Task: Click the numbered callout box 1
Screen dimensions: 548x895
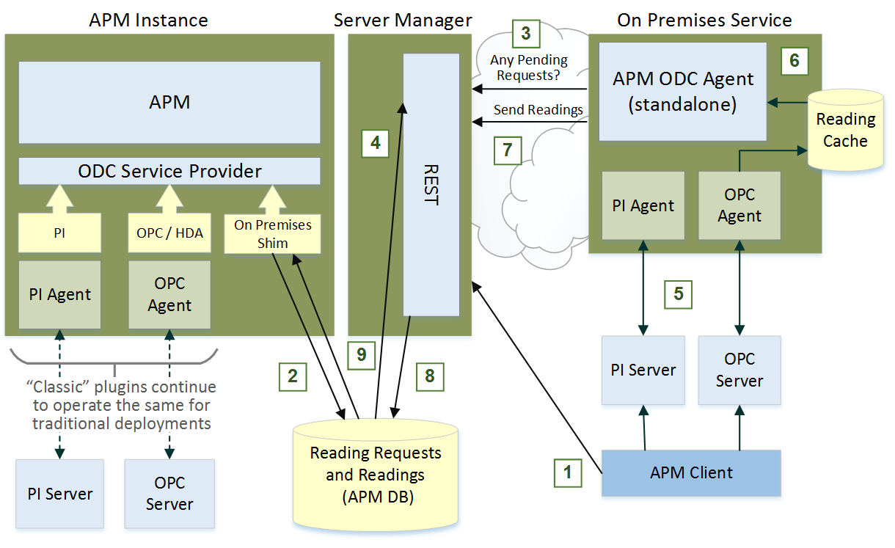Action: pyautogui.click(x=566, y=472)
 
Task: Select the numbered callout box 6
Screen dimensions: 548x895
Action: pyautogui.click(x=794, y=61)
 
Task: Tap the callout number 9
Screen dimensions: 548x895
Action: pyautogui.click(x=361, y=355)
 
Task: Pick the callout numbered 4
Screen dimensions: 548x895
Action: pyautogui.click(x=375, y=143)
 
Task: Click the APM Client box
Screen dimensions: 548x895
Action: pyautogui.click(x=691, y=472)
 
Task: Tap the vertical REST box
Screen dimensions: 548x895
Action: pyautogui.click(x=431, y=184)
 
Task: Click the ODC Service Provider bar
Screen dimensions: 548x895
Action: pyautogui.click(x=169, y=171)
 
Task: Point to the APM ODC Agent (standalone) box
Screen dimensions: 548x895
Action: pyautogui.click(x=683, y=91)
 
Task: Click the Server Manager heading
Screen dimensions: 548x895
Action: pyautogui.click(x=403, y=20)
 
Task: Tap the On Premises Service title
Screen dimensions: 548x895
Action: pyautogui.click(x=704, y=20)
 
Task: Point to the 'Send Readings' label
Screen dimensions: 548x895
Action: pyautogui.click(x=538, y=110)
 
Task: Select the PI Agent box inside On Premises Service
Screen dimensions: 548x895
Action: pyautogui.click(x=643, y=206)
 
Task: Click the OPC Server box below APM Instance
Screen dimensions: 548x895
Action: pyautogui.click(x=169, y=494)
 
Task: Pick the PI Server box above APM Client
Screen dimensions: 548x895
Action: pyautogui.click(x=643, y=370)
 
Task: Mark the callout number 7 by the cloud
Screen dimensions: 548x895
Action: pyautogui.click(x=507, y=150)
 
